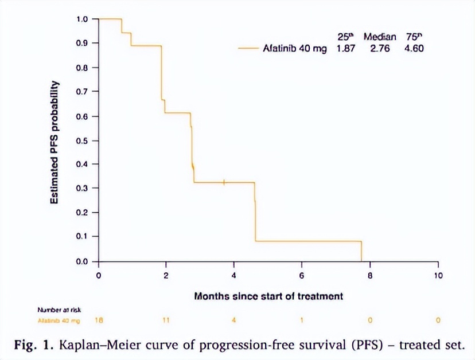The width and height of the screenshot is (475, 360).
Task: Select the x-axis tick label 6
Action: tap(302, 275)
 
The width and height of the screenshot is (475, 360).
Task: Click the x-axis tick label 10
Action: tap(437, 275)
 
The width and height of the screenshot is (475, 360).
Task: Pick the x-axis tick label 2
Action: tap(166, 275)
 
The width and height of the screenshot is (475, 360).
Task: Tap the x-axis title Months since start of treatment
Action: tap(268, 296)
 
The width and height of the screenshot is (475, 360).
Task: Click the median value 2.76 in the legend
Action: tap(380, 48)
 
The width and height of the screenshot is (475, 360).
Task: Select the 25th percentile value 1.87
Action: tap(346, 48)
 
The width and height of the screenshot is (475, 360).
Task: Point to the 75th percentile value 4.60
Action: tap(414, 48)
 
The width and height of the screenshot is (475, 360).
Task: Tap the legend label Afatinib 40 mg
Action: tap(295, 48)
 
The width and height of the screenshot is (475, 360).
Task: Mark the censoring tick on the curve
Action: tap(224, 182)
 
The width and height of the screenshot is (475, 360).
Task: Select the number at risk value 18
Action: tap(99, 320)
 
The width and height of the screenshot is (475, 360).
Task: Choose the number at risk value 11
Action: tap(166, 320)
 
